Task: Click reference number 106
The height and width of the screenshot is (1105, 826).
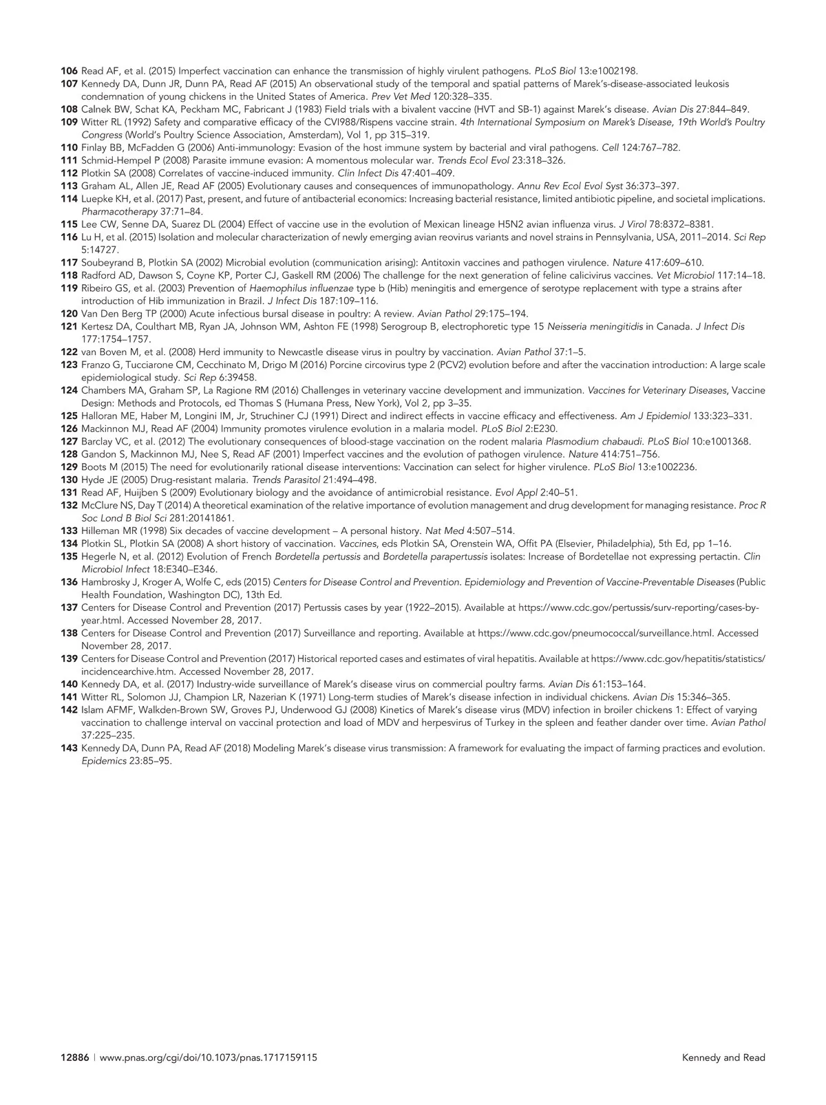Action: click(x=69, y=71)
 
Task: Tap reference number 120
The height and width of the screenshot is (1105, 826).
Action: click(x=69, y=314)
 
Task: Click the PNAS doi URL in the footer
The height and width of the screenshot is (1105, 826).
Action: click(x=209, y=1058)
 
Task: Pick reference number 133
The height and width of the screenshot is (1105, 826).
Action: click(x=69, y=531)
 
